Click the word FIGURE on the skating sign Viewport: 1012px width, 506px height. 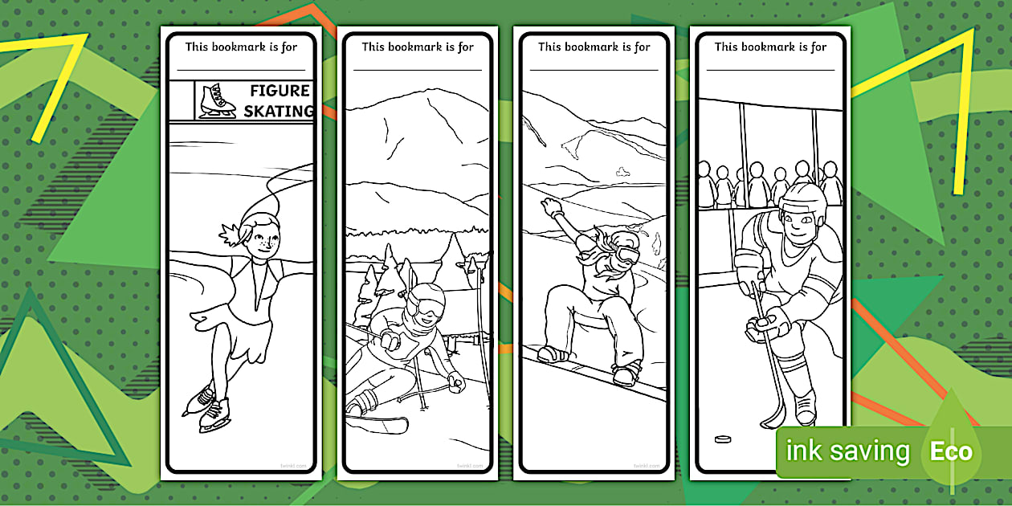point(280,91)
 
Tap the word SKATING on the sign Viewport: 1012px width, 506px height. point(278,112)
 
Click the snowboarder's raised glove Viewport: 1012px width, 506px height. point(553,208)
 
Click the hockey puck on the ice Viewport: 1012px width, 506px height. point(723,439)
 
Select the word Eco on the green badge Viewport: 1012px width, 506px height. point(951,451)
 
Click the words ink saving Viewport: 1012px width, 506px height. point(847,451)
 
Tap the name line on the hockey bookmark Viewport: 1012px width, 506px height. point(770,70)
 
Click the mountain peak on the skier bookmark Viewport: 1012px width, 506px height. point(434,95)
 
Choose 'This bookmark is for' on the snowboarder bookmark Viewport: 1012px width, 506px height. point(594,47)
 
